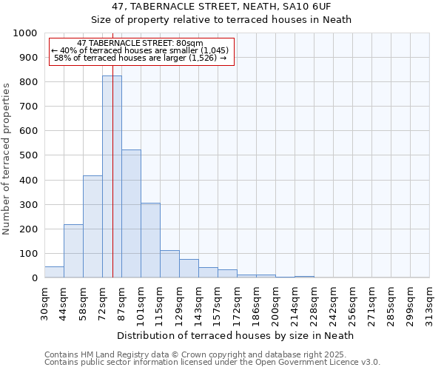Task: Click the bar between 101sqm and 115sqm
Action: click(150, 240)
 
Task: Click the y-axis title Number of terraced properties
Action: click(7, 159)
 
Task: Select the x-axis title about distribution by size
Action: click(236, 335)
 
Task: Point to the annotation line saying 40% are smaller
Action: click(141, 50)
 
